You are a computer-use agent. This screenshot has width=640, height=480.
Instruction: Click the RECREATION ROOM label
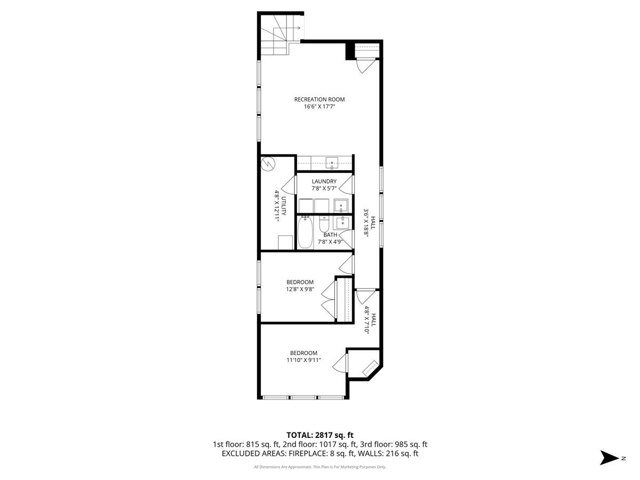click(319, 99)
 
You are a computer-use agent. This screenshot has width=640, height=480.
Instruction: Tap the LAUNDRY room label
click(324, 181)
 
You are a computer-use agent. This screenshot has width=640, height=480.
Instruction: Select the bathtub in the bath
click(305, 233)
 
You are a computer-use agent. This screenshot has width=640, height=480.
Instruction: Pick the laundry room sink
click(341, 205)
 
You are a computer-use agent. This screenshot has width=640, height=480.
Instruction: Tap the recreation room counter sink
click(332, 162)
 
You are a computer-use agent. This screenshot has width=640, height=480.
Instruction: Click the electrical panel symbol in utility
click(268, 164)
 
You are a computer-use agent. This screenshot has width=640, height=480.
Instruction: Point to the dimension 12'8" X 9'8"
click(300, 290)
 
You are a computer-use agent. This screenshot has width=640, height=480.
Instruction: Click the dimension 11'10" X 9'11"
click(303, 360)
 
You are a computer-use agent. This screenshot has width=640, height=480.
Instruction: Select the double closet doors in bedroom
click(327, 299)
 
